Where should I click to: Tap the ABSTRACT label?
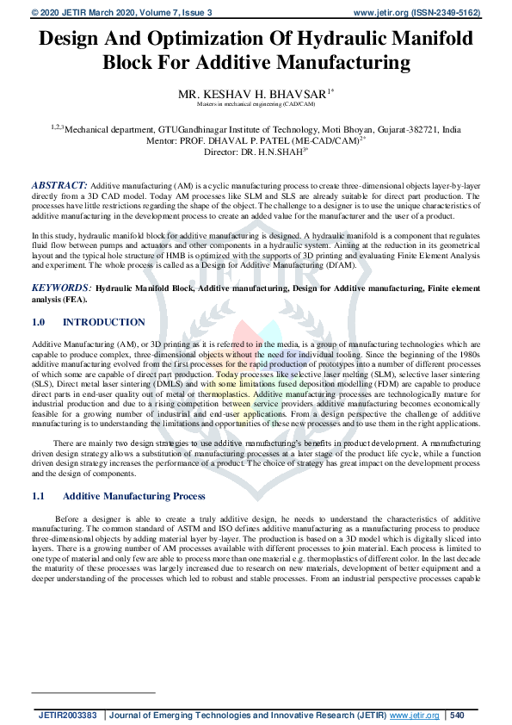(x=59, y=185)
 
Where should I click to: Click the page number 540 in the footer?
(x=457, y=715)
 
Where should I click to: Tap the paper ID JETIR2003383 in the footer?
(x=68, y=715)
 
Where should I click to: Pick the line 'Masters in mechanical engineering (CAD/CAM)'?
(x=256, y=103)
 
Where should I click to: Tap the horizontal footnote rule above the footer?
(x=93, y=691)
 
